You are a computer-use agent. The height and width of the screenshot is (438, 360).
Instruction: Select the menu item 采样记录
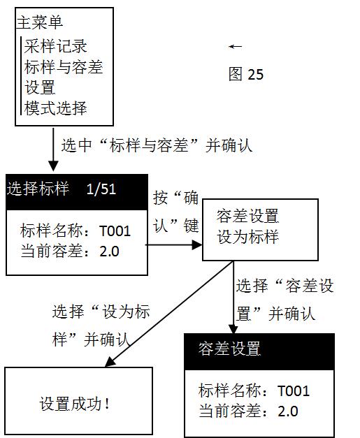55,47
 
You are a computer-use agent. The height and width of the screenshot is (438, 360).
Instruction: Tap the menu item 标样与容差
63,67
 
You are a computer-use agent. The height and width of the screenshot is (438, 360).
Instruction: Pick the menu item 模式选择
55,108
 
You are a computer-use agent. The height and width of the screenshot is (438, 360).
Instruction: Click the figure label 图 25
246,74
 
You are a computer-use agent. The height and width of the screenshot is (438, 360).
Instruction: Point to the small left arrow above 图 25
236,47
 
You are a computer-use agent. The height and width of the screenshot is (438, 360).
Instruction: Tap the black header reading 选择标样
38,189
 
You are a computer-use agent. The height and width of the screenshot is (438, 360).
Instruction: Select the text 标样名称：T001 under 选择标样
75,231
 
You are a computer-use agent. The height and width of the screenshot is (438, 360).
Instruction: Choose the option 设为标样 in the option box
247,237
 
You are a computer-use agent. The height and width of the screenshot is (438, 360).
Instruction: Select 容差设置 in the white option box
247,215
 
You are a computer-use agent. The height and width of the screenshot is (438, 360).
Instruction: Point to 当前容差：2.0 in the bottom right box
248,411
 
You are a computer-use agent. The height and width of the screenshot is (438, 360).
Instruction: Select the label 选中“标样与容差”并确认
157,145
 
